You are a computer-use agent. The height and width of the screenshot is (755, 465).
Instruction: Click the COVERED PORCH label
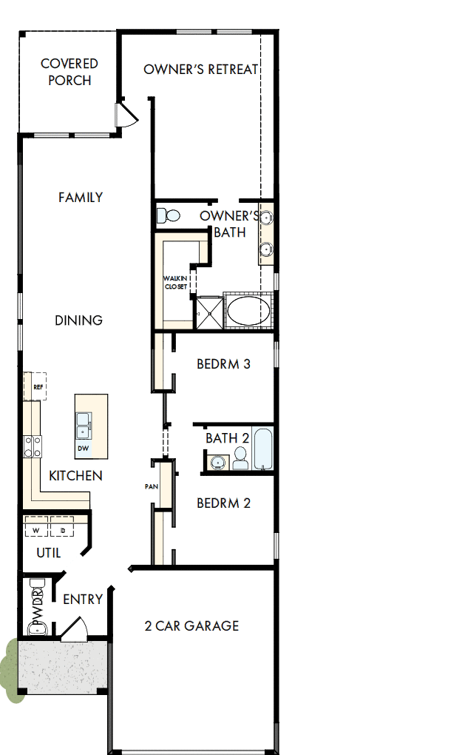(69, 73)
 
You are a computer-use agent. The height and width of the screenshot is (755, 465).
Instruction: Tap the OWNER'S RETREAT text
(200, 70)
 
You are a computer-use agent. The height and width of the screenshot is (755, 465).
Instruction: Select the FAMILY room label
(81, 198)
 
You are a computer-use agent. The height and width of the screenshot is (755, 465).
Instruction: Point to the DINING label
(78, 321)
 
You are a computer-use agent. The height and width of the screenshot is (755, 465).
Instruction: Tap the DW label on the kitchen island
(83, 449)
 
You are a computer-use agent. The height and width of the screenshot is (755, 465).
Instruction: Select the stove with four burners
(33, 446)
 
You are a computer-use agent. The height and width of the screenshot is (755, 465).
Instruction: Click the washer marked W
(35, 530)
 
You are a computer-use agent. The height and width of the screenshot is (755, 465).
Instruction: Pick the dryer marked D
(63, 530)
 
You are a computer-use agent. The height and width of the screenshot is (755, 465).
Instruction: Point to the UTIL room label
(49, 553)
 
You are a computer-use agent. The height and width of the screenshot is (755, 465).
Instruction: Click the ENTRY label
(82, 600)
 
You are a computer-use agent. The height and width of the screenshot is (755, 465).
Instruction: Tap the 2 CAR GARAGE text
(191, 626)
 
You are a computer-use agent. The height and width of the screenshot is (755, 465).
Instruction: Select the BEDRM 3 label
(223, 364)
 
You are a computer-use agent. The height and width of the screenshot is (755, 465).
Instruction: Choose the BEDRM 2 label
(223, 503)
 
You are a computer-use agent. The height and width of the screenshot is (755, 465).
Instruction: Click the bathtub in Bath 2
(263, 449)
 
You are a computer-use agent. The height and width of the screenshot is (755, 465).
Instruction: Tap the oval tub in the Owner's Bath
(248, 311)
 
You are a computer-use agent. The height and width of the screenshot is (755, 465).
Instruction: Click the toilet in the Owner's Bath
(169, 216)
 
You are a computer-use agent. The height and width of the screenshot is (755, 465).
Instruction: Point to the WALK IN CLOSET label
(175, 283)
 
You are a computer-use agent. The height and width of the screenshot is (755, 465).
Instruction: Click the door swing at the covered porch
(126, 115)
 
